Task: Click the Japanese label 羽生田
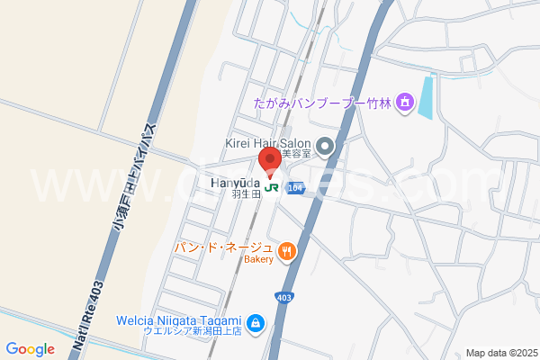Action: (x=245, y=193)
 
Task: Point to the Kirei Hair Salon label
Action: (x=267, y=142)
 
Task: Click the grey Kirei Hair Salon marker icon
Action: (x=325, y=145)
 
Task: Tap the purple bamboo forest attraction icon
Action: (x=405, y=103)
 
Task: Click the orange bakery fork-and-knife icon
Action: (x=286, y=251)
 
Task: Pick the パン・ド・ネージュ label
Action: (x=223, y=247)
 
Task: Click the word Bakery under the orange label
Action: (x=257, y=260)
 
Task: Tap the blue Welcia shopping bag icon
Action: (x=256, y=321)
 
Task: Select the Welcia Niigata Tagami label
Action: (x=179, y=319)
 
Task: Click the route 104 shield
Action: (x=297, y=188)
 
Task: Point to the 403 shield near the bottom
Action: (x=283, y=297)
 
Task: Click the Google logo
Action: (x=30, y=349)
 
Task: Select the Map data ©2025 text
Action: (x=499, y=352)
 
